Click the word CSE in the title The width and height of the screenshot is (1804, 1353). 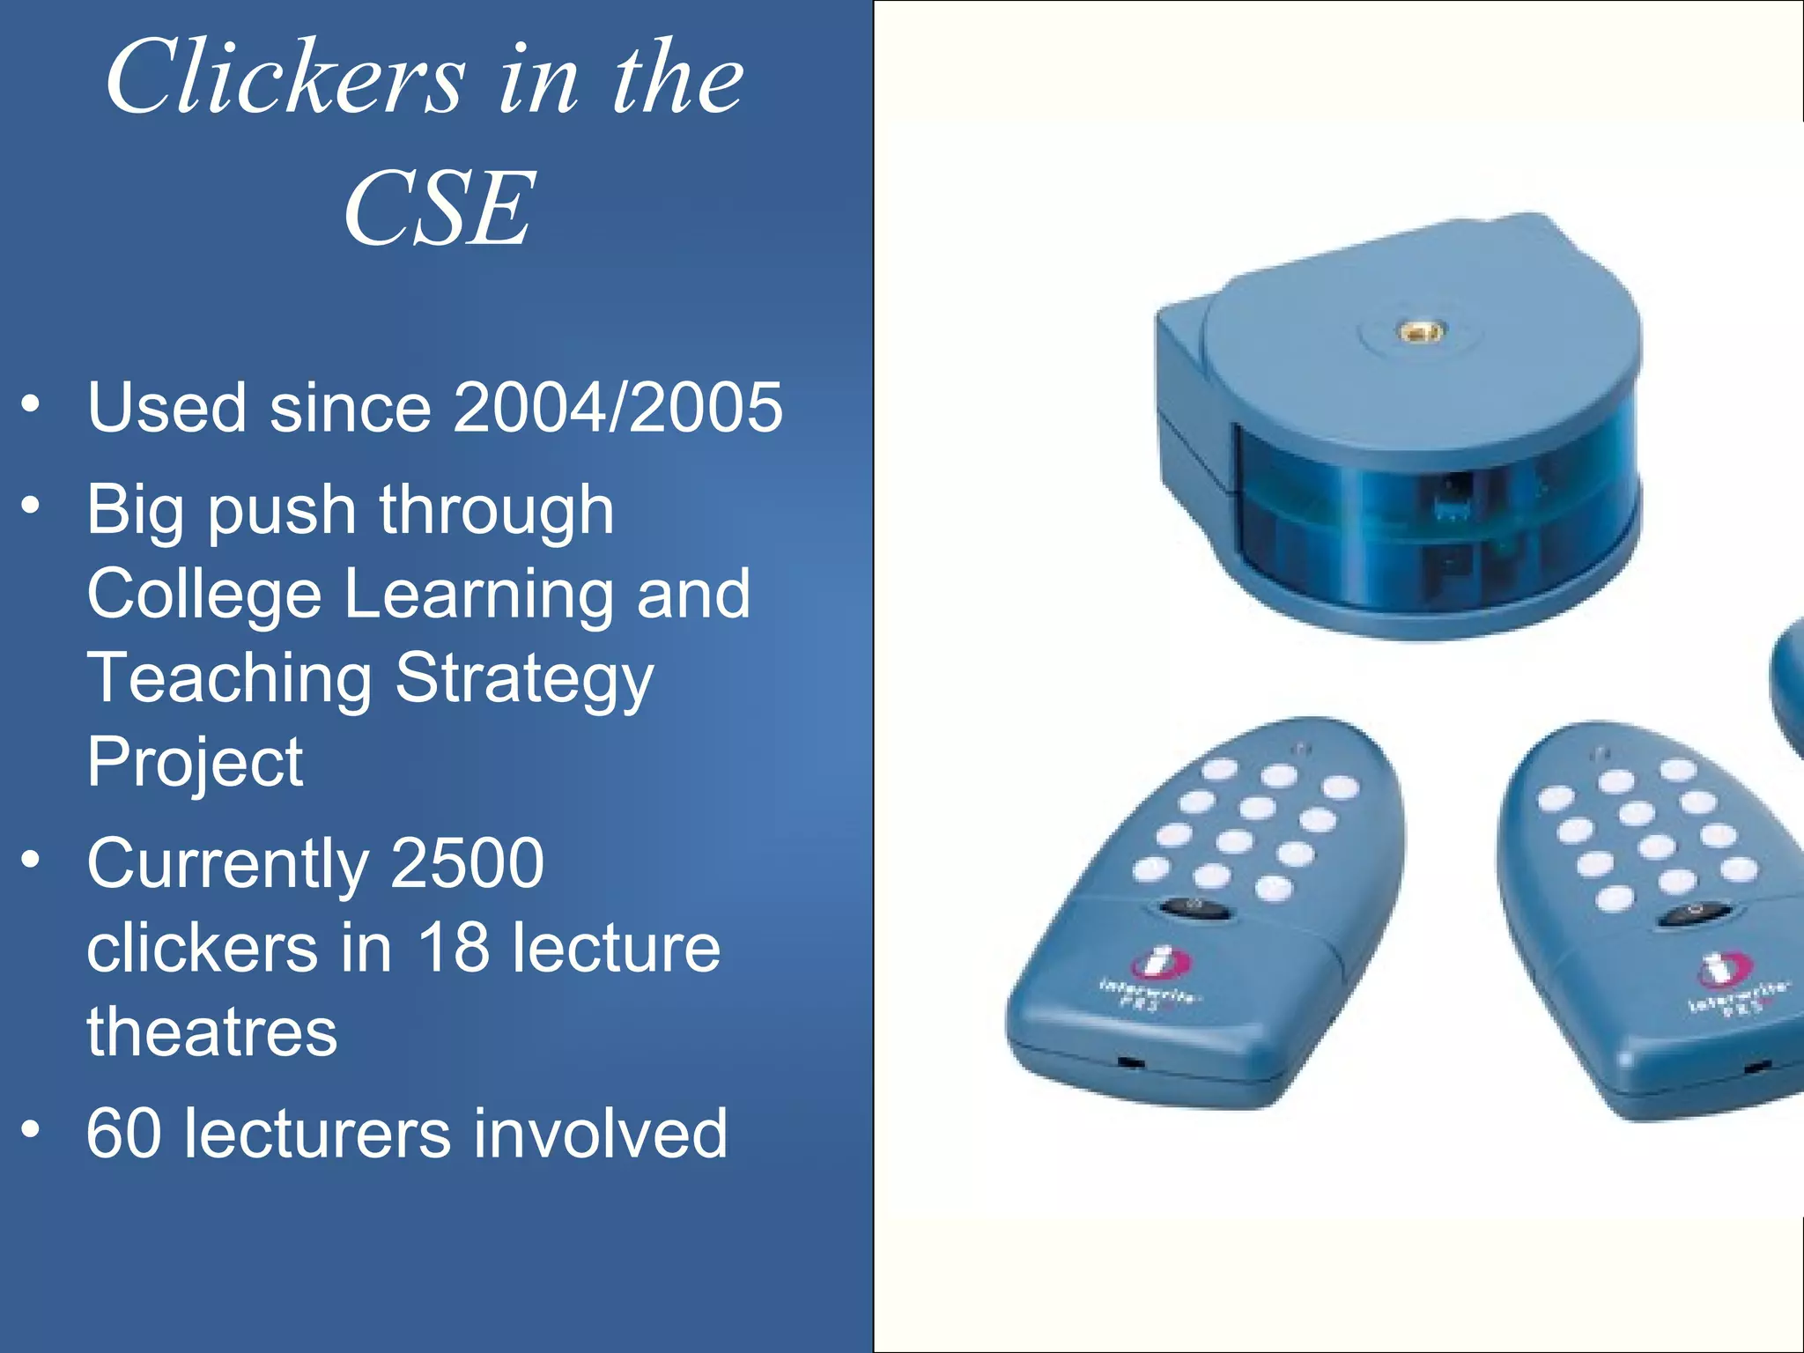pos(439,210)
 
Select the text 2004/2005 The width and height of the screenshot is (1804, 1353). pos(617,407)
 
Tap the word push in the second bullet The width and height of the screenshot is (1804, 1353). pos(281,511)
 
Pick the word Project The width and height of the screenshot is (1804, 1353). pos(195,762)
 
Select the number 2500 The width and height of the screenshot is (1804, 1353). pos(467,863)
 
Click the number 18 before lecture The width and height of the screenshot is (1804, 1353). pos(453,948)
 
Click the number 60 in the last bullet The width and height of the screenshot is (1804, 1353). pos(123,1134)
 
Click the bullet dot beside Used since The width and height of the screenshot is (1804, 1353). pos(32,404)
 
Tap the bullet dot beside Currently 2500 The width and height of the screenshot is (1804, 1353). pos(32,859)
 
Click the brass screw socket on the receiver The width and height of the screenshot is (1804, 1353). pos(1421,332)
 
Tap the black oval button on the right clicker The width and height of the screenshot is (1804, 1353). pos(1687,915)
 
